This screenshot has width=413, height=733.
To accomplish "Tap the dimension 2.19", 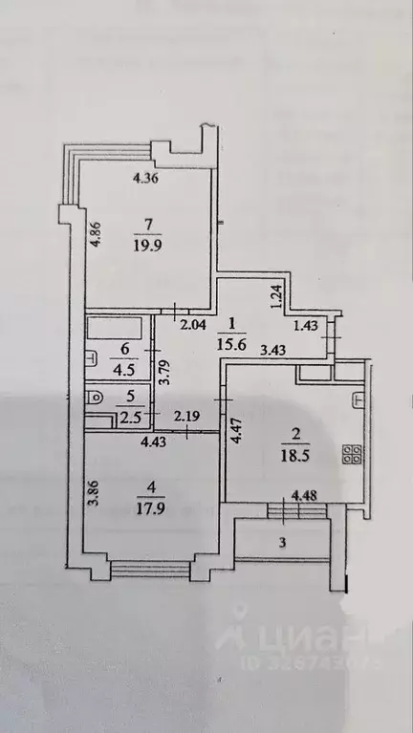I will point(186,418).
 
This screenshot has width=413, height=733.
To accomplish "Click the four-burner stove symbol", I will point(351,455).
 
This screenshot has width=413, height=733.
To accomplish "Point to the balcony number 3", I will point(282,542).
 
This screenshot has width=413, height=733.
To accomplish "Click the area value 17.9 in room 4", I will point(147,507).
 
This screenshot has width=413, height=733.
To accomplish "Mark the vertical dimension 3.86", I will point(94,498).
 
